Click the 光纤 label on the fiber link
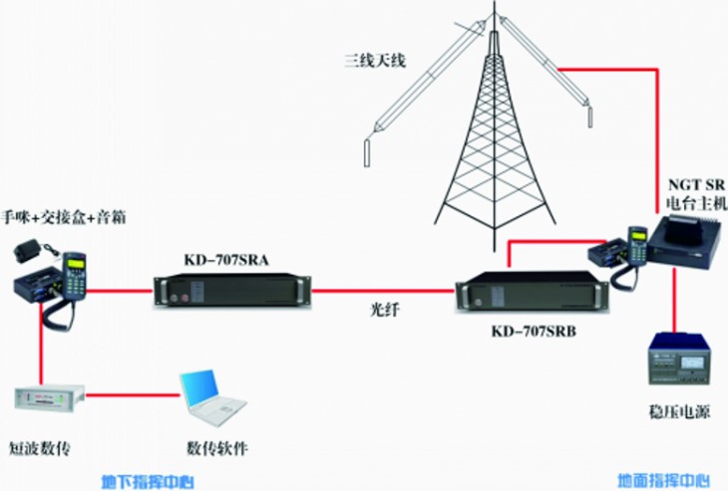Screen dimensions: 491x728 tap(385, 309)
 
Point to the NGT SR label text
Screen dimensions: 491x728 tap(697, 183)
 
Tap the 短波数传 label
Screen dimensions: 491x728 tap(41, 446)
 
